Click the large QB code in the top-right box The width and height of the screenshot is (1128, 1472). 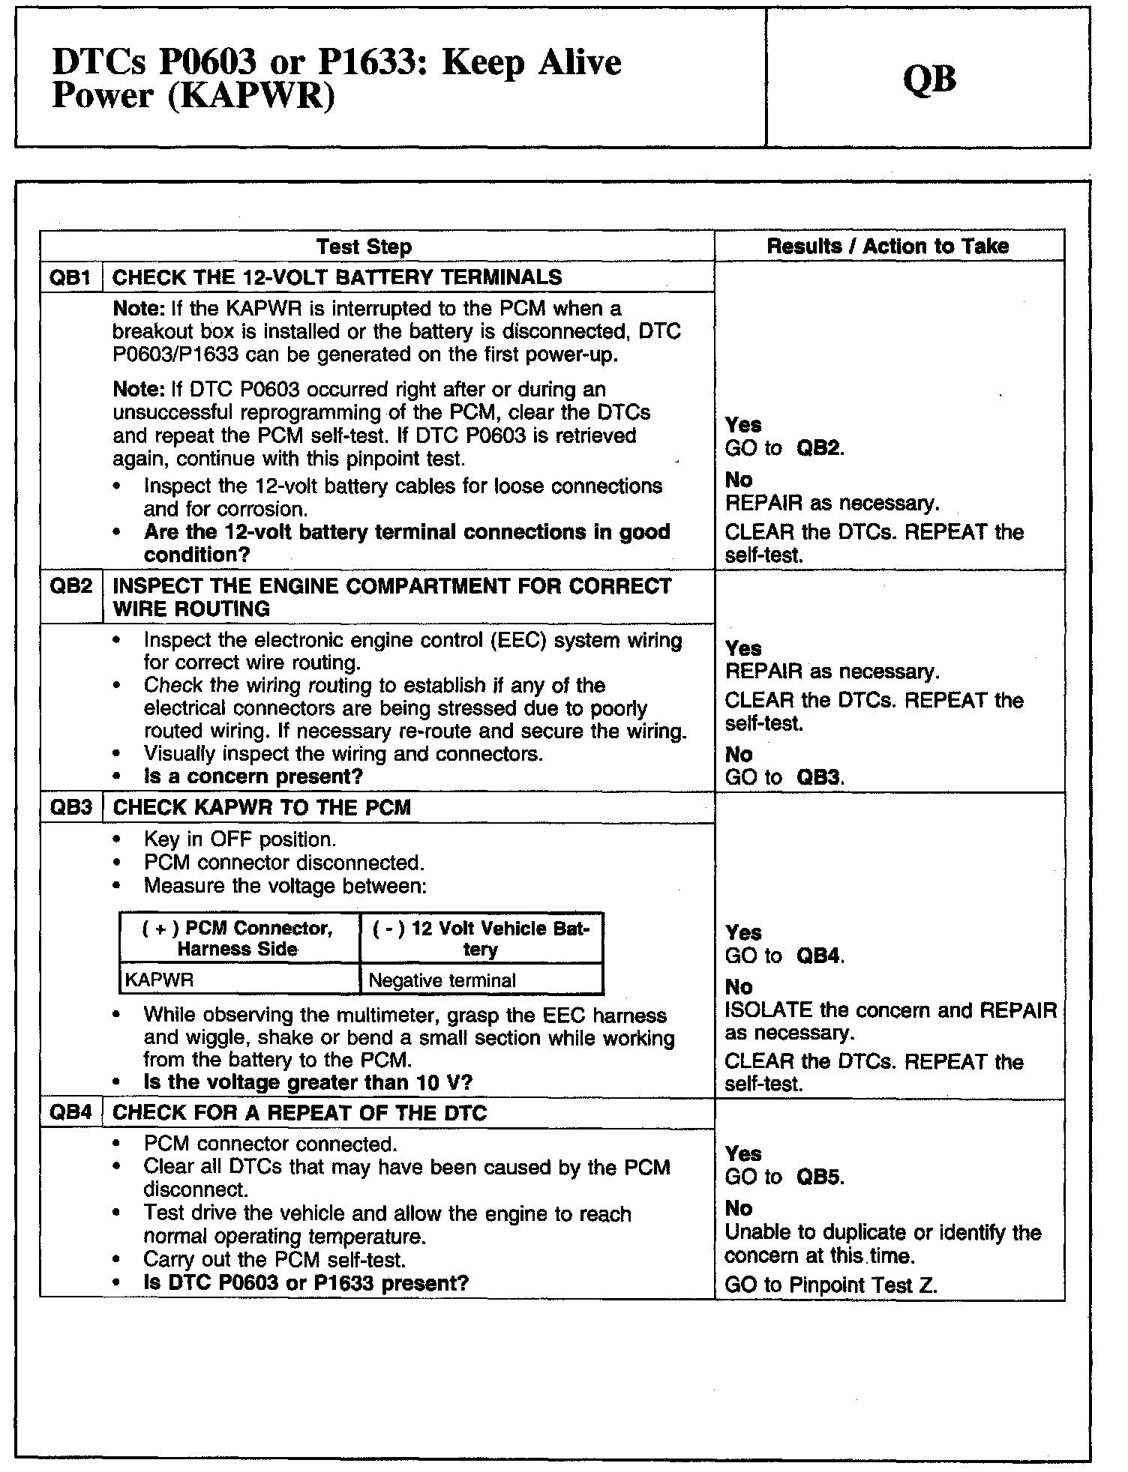[929, 78]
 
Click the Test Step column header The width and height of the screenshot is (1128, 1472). [364, 247]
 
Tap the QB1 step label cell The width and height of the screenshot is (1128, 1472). [70, 277]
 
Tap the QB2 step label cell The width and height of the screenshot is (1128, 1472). [70, 586]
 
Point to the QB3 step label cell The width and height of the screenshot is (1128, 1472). [70, 807]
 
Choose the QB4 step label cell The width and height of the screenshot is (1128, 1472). [70, 1113]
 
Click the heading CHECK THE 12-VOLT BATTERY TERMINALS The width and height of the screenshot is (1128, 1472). [337, 277]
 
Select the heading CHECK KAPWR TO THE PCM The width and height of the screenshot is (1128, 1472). [262, 807]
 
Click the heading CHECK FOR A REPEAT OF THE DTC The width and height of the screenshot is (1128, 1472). [299, 1113]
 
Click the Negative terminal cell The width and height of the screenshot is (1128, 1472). [442, 980]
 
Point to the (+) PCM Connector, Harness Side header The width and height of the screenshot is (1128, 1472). [238, 938]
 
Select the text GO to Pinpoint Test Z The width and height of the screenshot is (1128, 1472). [831, 1285]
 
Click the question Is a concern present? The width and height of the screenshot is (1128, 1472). [253, 776]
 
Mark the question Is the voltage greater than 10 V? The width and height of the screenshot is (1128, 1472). [307, 1082]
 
